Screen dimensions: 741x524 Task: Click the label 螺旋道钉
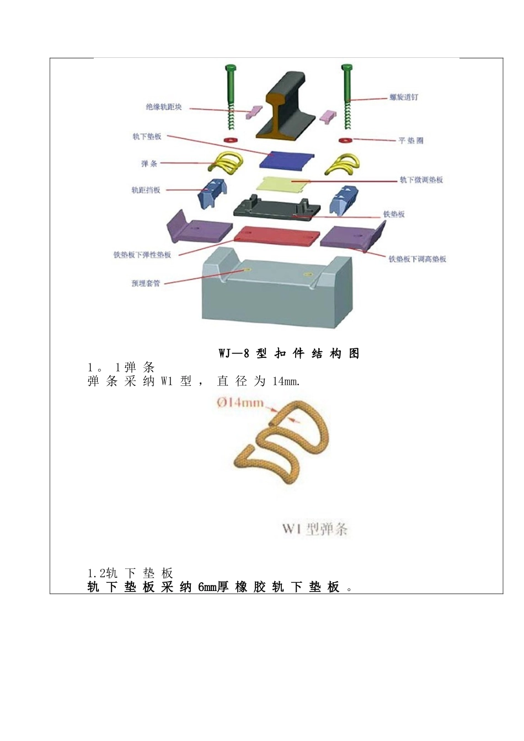click(x=404, y=97)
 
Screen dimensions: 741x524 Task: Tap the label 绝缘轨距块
click(x=164, y=107)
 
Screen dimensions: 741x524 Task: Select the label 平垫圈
click(x=411, y=141)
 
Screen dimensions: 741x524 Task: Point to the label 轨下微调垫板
click(x=421, y=180)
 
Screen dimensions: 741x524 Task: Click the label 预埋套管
click(x=146, y=283)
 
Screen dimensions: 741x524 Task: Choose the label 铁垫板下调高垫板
click(x=418, y=259)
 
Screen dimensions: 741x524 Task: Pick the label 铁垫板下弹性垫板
click(x=142, y=255)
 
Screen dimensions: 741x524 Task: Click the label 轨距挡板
click(x=146, y=190)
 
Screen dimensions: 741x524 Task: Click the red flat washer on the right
click(x=345, y=139)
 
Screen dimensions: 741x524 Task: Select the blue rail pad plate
click(x=286, y=160)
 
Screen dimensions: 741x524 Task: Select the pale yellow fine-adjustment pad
click(x=285, y=185)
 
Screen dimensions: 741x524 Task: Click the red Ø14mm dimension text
click(x=240, y=402)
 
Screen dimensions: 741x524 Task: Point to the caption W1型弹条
click(x=315, y=529)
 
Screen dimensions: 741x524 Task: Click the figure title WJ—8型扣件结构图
click(x=289, y=353)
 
